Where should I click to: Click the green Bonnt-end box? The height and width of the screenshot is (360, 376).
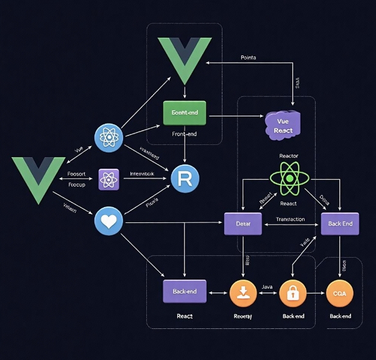[185, 113]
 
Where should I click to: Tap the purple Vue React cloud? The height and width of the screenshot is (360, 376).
[283, 124]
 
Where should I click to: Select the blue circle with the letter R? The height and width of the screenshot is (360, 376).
[186, 178]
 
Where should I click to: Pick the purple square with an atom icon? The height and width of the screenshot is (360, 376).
[108, 179]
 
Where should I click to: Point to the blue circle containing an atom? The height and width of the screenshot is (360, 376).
[109, 137]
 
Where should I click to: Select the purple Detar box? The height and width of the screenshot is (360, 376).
[243, 224]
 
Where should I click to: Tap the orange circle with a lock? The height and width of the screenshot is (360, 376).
[293, 293]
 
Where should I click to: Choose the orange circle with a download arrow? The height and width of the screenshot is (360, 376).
[243, 293]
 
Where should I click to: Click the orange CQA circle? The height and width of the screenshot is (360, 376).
[340, 293]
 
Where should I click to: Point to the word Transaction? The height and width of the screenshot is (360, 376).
[290, 219]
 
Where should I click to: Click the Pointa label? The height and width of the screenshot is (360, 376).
[249, 57]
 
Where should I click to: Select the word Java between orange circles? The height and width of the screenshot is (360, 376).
[267, 286]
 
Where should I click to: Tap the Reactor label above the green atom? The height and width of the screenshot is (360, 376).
[288, 156]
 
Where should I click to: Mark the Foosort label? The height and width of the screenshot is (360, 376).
[76, 174]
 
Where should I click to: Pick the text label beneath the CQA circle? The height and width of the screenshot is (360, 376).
[340, 316]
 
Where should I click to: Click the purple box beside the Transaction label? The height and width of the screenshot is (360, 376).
[340, 224]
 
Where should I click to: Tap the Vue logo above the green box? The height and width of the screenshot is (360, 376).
[185, 60]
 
